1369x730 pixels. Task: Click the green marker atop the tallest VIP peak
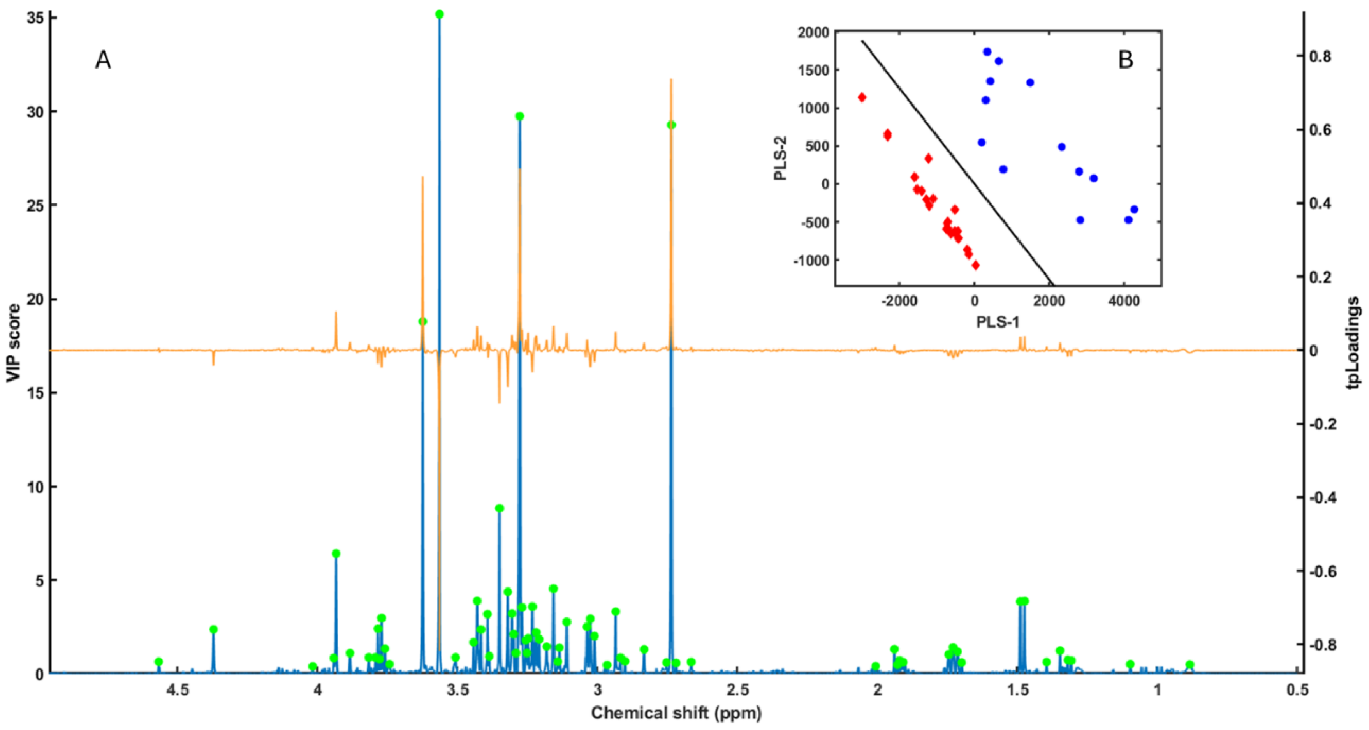pos(439,14)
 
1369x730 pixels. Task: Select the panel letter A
pos(103,60)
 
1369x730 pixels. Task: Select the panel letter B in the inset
pos(1126,60)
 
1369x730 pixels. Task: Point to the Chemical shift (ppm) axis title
pos(676,712)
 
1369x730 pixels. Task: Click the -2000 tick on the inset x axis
pos(899,301)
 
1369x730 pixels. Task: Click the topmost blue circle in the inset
pos(987,51)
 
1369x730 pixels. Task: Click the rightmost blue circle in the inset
pos(1134,209)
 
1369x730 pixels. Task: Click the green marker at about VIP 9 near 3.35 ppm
pos(499,508)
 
